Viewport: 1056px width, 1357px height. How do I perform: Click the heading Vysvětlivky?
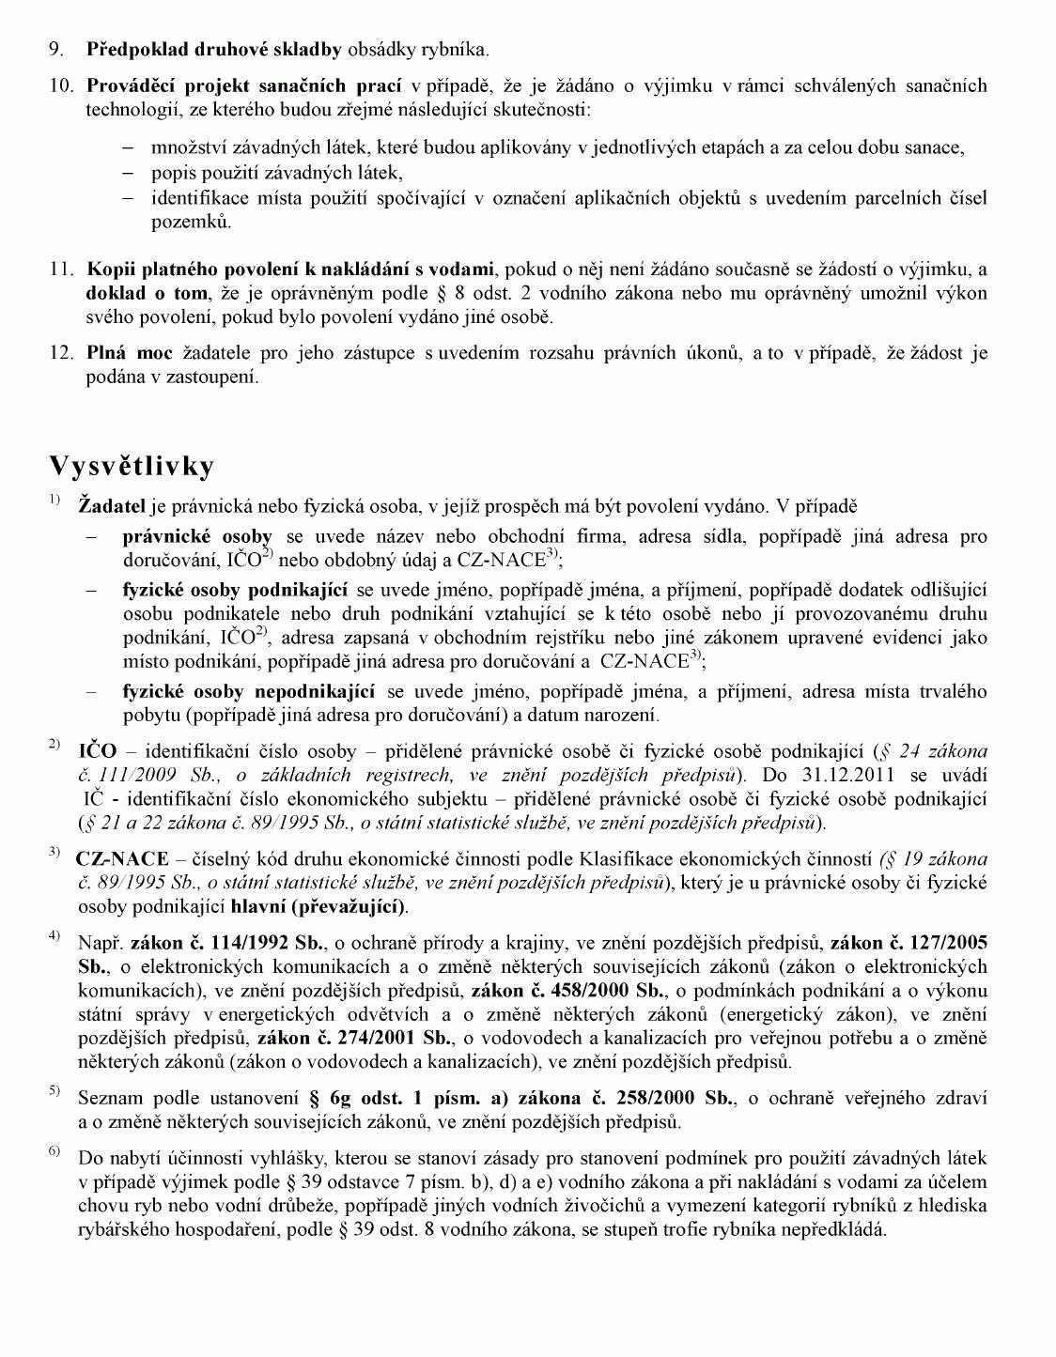[x=132, y=467]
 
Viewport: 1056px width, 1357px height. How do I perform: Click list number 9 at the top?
[x=56, y=49]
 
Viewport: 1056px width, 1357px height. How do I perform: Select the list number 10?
[x=61, y=86]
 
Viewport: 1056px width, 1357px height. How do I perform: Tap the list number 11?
[x=61, y=270]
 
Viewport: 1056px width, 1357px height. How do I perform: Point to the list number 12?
[x=61, y=354]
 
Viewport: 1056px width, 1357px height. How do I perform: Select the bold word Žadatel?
[x=112, y=507]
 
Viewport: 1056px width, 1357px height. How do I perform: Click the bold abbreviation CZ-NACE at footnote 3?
[x=122, y=858]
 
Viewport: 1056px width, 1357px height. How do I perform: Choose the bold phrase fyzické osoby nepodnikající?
[x=249, y=692]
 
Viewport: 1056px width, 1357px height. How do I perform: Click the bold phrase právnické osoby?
[x=197, y=537]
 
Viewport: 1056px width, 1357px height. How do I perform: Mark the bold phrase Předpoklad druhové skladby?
[x=214, y=49]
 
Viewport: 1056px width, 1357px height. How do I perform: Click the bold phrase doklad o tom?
[x=147, y=293]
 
